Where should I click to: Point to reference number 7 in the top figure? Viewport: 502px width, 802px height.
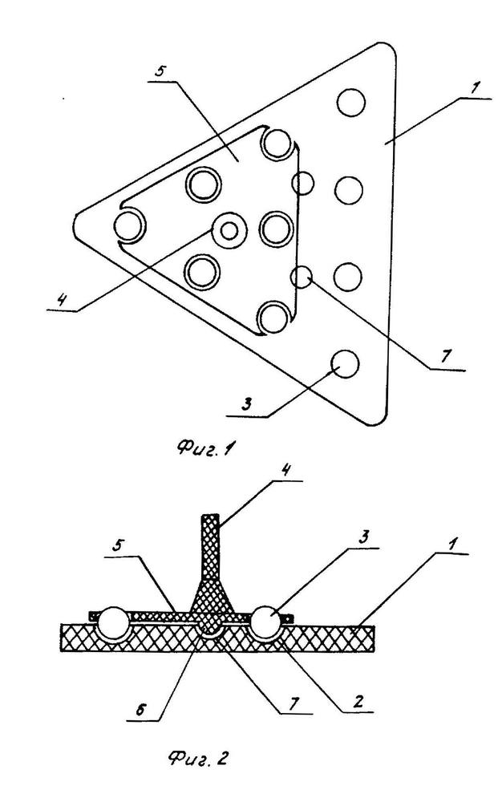point(446,356)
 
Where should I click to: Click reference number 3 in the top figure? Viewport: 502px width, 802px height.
point(246,404)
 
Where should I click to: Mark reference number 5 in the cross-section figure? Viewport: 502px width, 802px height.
point(119,548)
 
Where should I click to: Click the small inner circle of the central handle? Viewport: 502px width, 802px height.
point(229,231)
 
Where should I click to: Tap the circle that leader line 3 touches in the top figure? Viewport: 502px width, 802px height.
point(345,363)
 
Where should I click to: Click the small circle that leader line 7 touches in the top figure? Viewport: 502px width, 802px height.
point(302,277)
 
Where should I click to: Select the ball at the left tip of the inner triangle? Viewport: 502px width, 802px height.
point(130,225)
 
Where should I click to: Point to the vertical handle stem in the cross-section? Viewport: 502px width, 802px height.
point(209,546)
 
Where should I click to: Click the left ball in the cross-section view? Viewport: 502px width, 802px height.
point(113,623)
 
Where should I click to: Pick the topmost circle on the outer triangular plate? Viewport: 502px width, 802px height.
point(350,103)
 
